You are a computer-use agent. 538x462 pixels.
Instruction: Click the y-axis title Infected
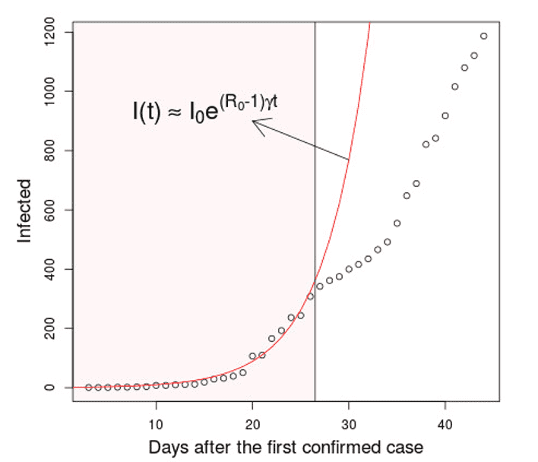(25, 210)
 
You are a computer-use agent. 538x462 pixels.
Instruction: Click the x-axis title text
(286, 445)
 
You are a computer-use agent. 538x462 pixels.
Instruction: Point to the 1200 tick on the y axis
(51, 33)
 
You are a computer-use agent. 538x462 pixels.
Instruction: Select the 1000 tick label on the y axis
(51, 91)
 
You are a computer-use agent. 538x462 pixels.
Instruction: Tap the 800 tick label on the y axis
(51, 150)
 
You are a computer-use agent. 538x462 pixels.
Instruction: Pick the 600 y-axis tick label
(51, 210)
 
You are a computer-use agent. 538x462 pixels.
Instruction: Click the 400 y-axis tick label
(51, 269)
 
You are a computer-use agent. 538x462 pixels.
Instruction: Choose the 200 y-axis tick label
(51, 328)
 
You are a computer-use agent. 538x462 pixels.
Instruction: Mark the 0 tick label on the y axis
(51, 388)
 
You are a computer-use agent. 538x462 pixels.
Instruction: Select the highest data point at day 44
(483, 36)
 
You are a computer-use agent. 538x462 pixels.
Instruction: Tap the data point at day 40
(445, 115)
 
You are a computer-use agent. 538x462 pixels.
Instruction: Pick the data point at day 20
(252, 356)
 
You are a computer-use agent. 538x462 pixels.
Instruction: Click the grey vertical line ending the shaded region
(315, 228)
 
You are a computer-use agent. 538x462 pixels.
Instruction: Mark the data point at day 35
(397, 223)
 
